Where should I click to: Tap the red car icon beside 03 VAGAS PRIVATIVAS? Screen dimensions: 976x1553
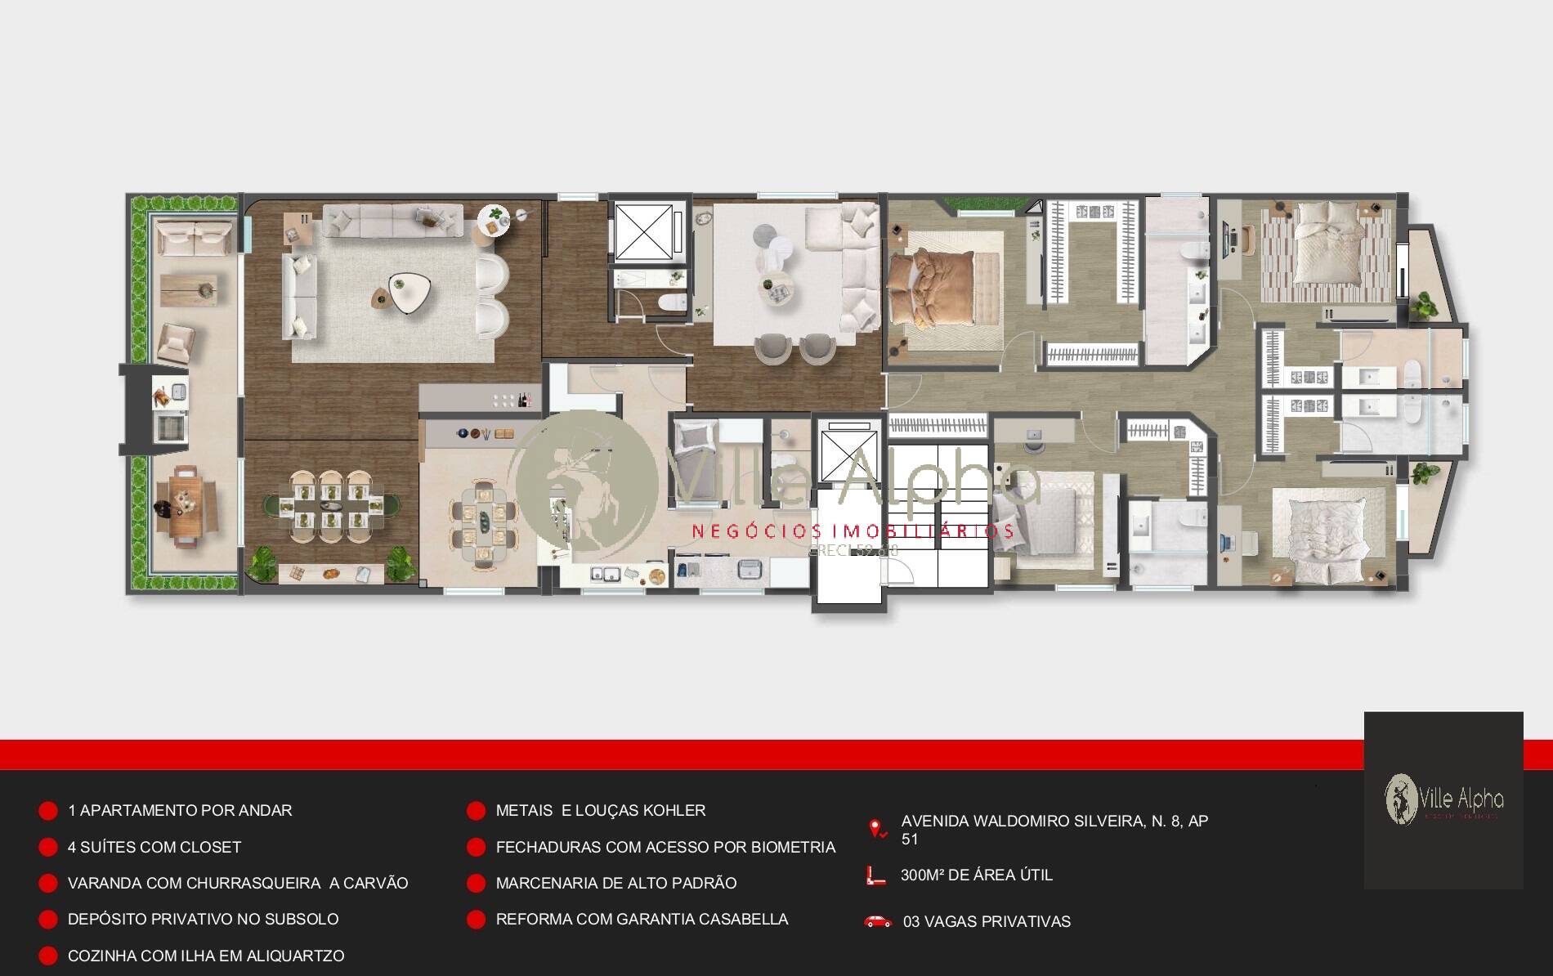coord(878,921)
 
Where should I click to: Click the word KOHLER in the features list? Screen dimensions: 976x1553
coord(674,810)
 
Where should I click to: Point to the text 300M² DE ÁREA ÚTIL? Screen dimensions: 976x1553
coord(976,875)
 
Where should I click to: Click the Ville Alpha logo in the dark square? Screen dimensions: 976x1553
coord(1443,799)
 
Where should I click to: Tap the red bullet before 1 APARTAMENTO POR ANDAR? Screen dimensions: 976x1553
coord(48,811)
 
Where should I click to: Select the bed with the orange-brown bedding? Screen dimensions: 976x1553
coord(932,289)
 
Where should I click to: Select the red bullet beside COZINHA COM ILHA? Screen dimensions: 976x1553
coord(48,956)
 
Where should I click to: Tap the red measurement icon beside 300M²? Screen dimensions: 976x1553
coord(875,875)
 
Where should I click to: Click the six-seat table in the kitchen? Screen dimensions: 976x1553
coord(483,525)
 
